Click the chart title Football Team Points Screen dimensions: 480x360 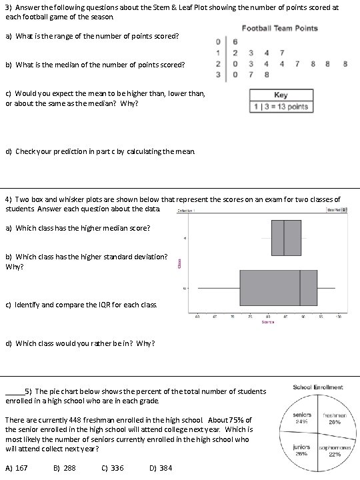279,28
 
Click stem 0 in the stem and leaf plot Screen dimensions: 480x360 219,41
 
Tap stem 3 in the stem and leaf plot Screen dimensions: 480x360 219,75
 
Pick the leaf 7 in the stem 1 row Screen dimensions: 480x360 282,52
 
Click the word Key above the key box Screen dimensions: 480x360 281,95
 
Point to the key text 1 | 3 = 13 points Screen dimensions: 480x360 280,107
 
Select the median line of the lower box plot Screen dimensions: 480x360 300,287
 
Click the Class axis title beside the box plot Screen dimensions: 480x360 179,264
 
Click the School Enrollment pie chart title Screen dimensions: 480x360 318,387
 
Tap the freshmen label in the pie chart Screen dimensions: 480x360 334,415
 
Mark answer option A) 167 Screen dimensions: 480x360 16,468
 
